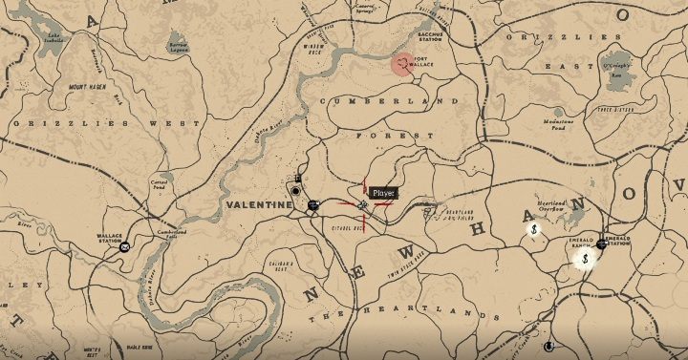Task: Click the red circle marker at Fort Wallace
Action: click(x=403, y=64)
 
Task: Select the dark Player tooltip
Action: click(x=383, y=194)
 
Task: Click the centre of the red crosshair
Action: click(x=363, y=204)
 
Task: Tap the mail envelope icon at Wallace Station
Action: click(x=125, y=247)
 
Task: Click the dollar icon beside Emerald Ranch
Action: click(x=584, y=258)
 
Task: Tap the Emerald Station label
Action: click(x=615, y=240)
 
